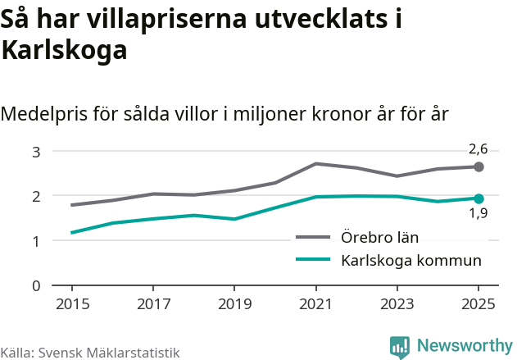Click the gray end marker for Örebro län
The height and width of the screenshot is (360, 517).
[x=479, y=167]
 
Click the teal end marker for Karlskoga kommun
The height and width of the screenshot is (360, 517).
[x=479, y=198]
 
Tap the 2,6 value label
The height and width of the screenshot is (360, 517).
[x=478, y=149]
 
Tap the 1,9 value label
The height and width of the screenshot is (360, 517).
[x=478, y=215]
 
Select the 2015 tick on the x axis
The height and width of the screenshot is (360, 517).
[x=72, y=303]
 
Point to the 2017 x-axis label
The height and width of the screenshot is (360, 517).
[x=153, y=303]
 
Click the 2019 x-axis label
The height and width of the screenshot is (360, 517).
[x=234, y=303]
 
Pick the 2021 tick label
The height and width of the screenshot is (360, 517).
[x=316, y=303]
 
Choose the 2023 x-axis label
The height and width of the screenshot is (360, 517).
[x=397, y=303]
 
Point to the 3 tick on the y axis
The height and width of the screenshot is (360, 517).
[x=36, y=152]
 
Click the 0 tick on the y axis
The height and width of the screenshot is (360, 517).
[x=36, y=285]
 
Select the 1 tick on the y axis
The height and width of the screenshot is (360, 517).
[x=36, y=241]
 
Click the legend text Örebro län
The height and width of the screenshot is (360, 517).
[x=379, y=238]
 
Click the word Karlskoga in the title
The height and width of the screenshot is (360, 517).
[x=65, y=51]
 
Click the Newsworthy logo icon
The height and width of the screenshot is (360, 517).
[x=400, y=347]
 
